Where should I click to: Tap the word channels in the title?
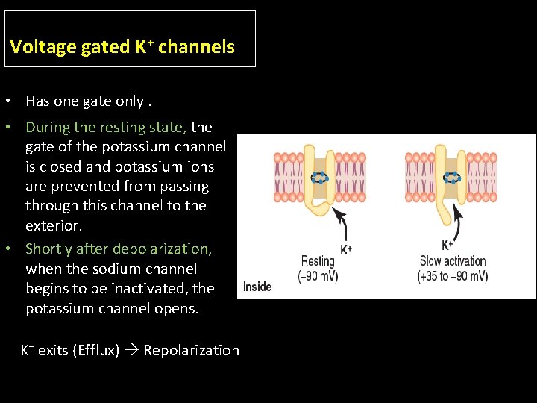196,47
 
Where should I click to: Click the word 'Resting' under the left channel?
318,261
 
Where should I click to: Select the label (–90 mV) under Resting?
318,275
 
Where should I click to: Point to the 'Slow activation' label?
453,261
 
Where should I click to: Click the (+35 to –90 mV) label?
453,275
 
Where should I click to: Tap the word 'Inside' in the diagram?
257,287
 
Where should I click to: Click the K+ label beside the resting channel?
346,249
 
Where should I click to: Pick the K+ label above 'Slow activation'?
447,245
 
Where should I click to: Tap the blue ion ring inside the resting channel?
319,178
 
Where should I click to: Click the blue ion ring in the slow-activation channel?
452,178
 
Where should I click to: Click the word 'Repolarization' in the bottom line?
192,350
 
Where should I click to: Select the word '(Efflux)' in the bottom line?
95,350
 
